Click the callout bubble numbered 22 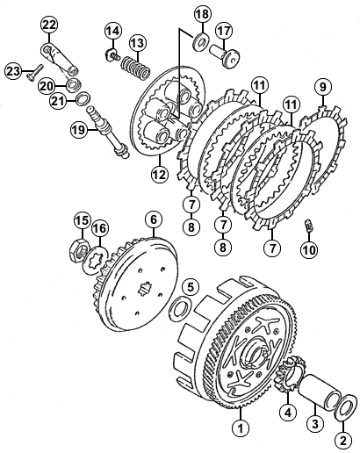coord(49,25)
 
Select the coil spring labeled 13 coord(136,68)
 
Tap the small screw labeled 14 coord(112,54)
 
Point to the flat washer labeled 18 coord(201,41)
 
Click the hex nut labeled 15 coord(79,248)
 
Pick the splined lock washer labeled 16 coord(95,260)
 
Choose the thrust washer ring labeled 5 coord(180,306)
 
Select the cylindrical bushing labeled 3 coord(320,392)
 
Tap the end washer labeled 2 coord(346,409)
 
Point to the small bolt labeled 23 coord(34,72)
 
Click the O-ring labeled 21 coord(83,98)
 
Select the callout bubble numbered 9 coord(322,87)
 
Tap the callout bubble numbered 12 coord(160,174)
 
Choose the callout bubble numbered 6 coord(154,219)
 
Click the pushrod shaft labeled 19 coord(108,133)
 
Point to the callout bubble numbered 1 coord(241,428)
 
